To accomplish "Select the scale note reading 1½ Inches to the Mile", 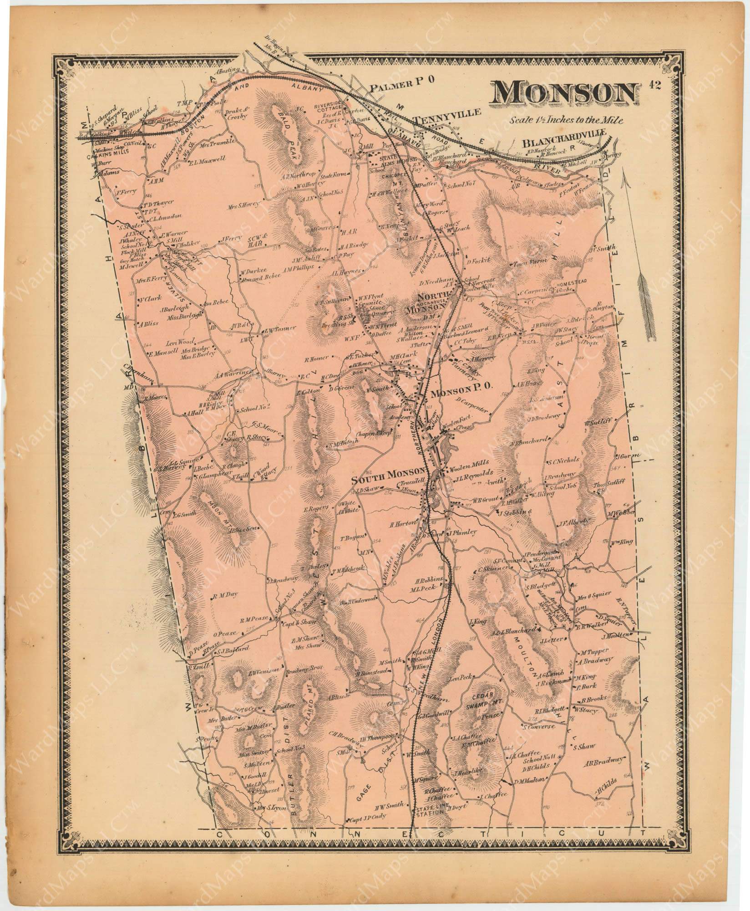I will click(x=566, y=121).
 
